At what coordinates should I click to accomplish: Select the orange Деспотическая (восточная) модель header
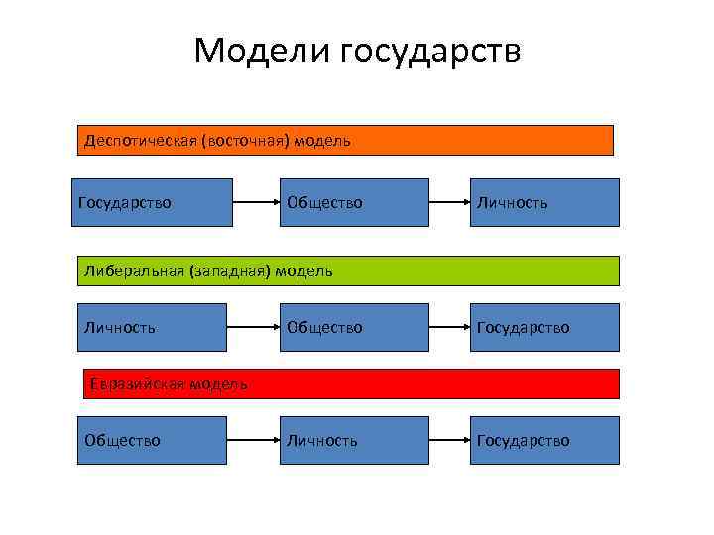click(x=345, y=140)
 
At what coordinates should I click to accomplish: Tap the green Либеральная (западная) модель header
click(x=348, y=270)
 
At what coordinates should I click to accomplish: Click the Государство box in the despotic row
click(x=152, y=202)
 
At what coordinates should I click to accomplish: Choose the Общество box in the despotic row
click(x=353, y=202)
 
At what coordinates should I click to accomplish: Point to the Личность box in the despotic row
click(x=543, y=202)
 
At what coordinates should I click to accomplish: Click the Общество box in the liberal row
click(x=353, y=327)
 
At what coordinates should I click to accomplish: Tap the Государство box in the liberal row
click(x=543, y=327)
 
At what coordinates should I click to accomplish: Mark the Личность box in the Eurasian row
click(x=353, y=440)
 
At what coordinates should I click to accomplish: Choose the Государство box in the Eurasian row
click(x=543, y=440)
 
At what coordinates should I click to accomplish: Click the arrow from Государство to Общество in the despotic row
click(x=255, y=202)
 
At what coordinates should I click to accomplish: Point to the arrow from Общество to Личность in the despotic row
click(x=449, y=202)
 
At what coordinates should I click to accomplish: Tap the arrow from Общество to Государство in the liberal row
click(x=449, y=327)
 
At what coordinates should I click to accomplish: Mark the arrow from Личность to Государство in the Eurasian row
click(x=449, y=440)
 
